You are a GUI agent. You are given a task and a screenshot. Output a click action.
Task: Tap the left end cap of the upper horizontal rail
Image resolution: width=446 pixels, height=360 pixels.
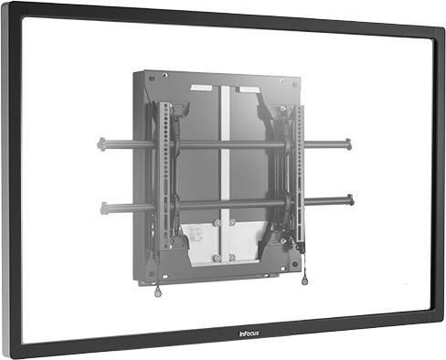tap(99, 143)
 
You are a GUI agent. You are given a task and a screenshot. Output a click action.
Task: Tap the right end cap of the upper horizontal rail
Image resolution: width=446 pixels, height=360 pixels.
tap(348, 143)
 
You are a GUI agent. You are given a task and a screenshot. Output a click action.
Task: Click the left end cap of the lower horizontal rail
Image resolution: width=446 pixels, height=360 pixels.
tap(104, 206)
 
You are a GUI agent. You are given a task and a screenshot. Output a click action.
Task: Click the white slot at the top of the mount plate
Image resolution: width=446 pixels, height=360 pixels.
tap(200, 89)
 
